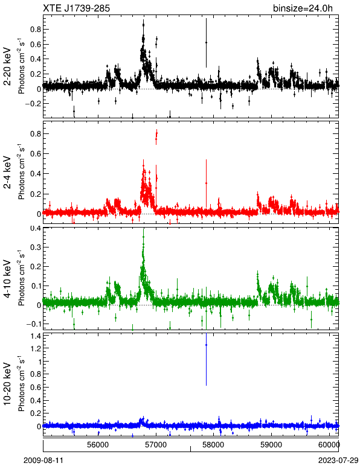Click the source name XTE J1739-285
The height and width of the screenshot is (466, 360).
[x=76, y=8]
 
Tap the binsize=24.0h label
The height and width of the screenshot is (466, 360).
[x=303, y=8]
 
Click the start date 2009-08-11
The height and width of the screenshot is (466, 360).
[x=43, y=461]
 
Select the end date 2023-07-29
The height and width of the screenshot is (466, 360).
[x=338, y=461]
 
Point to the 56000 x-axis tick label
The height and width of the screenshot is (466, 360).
[x=98, y=445]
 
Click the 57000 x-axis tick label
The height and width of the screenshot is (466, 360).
[x=156, y=445]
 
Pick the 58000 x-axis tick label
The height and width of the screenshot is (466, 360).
[x=214, y=445]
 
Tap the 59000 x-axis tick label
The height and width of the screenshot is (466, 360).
[x=271, y=445]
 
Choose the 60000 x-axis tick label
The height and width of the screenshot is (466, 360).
[x=329, y=445]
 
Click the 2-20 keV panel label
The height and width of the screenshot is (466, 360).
[x=7, y=66]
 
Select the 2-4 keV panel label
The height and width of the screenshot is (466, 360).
[x=7, y=173]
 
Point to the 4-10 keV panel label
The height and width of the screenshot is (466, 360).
[x=7, y=279]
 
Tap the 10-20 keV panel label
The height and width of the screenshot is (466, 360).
[x=7, y=383]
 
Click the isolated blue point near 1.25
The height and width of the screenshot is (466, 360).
[x=206, y=345]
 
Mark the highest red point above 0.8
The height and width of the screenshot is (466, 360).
[x=156, y=134]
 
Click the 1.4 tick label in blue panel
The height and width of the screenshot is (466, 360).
[x=36, y=336]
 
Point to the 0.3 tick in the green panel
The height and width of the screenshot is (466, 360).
[x=36, y=247]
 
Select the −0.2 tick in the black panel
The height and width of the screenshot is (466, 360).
[x=33, y=104]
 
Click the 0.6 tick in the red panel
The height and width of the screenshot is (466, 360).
[x=36, y=154]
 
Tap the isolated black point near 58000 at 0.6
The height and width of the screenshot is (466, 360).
[x=206, y=42]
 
